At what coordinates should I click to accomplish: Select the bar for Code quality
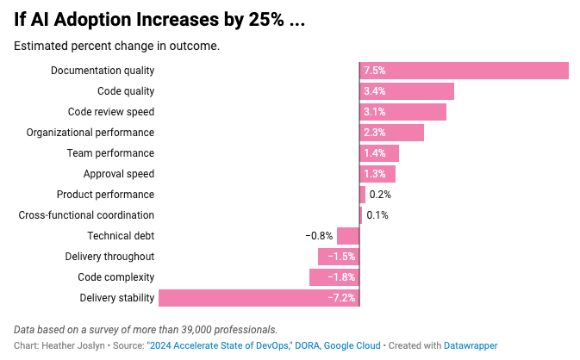(407, 91)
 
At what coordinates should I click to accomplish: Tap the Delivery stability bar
(259, 298)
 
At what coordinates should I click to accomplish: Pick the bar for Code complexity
(334, 277)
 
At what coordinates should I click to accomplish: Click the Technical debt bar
(348, 236)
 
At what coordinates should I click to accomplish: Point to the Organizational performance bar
(391, 133)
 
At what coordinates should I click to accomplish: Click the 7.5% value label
(374, 71)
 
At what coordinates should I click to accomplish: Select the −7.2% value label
(340, 298)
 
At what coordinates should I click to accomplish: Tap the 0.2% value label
(380, 195)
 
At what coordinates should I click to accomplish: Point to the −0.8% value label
(319, 236)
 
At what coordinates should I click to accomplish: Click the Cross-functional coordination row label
(86, 215)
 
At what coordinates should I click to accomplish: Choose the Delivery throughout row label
(109, 257)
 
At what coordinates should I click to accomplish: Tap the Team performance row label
(110, 153)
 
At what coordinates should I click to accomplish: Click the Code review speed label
(111, 112)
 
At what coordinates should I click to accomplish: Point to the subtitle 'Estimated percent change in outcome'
(116, 46)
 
